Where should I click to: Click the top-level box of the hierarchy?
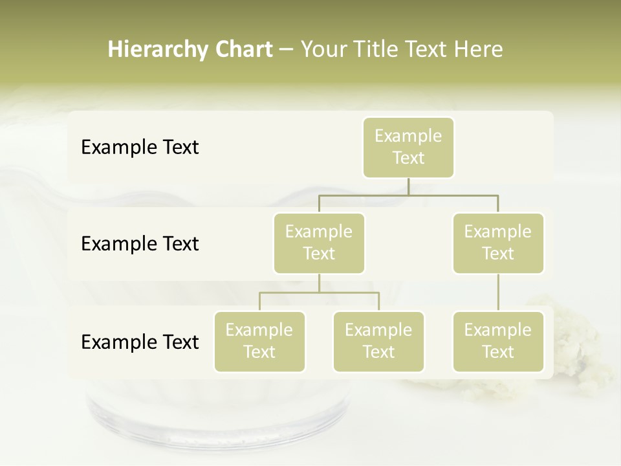[408, 147]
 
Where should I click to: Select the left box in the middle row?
[319, 243]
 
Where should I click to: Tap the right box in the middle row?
[498, 243]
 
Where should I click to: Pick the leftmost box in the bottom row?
[259, 341]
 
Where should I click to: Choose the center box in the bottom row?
[378, 341]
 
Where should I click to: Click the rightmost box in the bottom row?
[498, 341]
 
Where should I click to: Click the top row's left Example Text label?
[140, 147]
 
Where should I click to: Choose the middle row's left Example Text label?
[140, 243]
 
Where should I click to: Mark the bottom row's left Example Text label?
[140, 342]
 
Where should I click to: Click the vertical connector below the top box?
[408, 186]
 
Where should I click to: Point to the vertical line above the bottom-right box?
[498, 293]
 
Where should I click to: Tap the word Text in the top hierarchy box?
[408, 158]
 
